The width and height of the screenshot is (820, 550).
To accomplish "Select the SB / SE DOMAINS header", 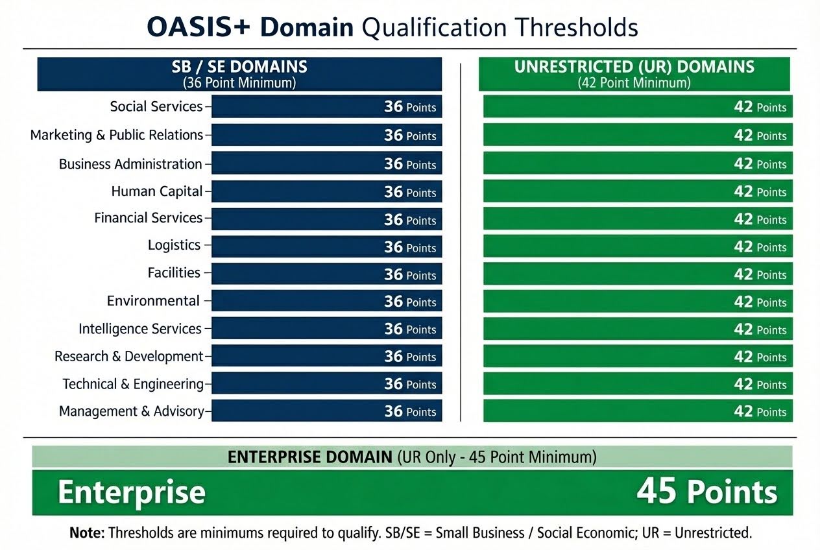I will tap(239, 67).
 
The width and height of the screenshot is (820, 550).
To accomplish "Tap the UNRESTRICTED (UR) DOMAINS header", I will tap(634, 67).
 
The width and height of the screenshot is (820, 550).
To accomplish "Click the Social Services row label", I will tap(156, 106).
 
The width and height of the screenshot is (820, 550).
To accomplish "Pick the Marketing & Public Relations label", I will tap(117, 135).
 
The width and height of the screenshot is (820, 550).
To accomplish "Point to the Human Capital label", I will tap(157, 191).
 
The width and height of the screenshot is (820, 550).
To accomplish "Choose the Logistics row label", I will tap(174, 245).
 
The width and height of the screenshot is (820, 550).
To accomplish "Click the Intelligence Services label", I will tap(140, 329).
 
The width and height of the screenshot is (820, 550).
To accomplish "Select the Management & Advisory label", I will tap(132, 411).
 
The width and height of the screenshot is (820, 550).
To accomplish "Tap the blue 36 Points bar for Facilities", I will tap(326, 274).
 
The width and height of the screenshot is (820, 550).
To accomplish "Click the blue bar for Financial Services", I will tap(326, 219).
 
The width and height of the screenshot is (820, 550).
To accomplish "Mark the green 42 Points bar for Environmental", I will tap(637, 302).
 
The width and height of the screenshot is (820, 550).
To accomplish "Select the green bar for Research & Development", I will tap(637, 357).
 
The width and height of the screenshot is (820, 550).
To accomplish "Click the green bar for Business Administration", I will tap(637, 164).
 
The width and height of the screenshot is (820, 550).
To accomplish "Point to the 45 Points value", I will tap(706, 492).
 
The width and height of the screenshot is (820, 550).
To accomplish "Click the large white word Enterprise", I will tap(132, 493).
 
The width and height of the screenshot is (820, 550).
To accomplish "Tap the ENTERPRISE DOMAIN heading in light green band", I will tap(310, 457).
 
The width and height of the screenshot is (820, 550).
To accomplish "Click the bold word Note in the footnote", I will tap(86, 533).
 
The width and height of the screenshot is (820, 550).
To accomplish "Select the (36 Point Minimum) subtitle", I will tap(239, 82).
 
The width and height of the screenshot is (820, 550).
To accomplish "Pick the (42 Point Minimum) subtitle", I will tap(634, 83).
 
